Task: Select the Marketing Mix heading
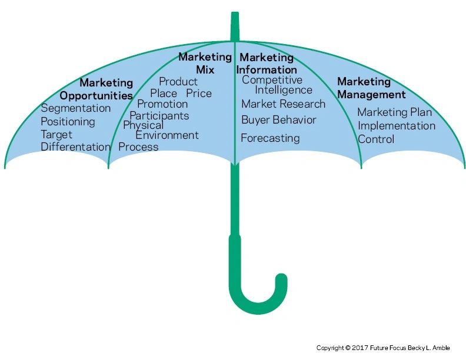205,64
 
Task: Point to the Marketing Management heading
371,88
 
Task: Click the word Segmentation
75,108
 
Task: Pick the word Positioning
68,122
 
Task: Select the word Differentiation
75,147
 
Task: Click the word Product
178,82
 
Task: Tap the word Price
199,94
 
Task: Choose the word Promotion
162,104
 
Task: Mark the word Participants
159,115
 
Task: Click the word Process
138,147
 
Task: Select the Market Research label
283,104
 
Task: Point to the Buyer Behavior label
279,120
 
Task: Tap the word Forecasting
270,139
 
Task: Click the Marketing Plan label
394,112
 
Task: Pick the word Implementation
397,126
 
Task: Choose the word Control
376,139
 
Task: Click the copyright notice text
383,348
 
